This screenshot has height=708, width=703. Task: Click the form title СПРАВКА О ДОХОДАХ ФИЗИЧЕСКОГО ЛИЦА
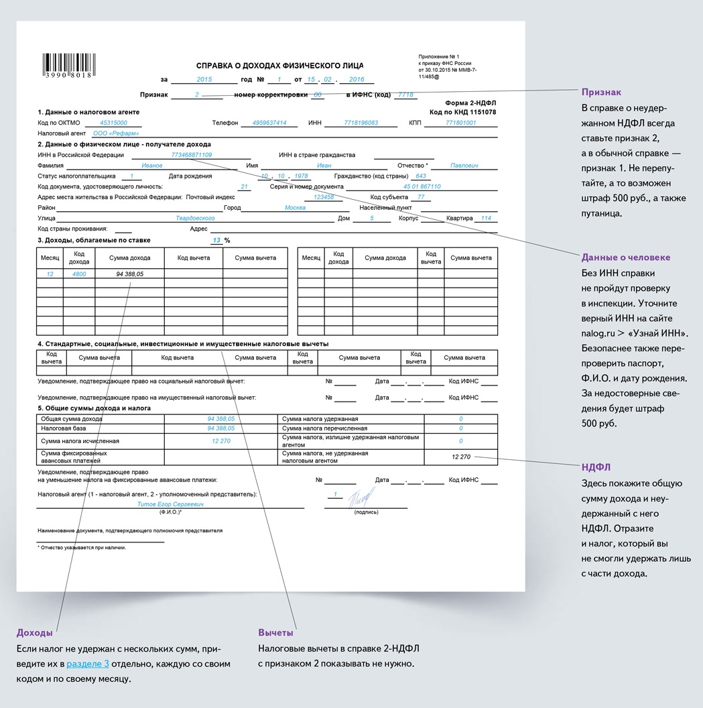point(279,66)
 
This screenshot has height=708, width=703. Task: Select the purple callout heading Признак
point(601,92)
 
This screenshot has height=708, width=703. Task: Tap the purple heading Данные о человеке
point(625,257)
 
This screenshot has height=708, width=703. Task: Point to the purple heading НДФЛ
point(596,467)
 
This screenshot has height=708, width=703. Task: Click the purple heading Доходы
point(35,632)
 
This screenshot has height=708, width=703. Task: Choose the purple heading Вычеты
point(275,632)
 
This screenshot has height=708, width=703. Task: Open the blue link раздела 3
point(88,664)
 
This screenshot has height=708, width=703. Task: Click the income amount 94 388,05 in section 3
point(129,274)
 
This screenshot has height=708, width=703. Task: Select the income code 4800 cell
point(79,274)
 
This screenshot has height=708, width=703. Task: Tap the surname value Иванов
point(152,166)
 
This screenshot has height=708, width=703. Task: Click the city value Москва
point(295,208)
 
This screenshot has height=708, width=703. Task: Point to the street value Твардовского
point(194,219)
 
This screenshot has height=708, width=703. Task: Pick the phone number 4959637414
point(269,123)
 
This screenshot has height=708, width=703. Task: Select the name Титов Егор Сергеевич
point(170,504)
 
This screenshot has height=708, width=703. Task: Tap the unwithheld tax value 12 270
point(461,457)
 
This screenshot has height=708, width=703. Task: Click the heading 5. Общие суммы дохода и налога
point(94,408)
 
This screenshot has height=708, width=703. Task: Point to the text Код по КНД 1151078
point(462,112)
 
